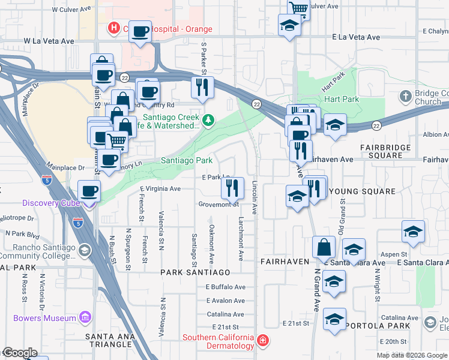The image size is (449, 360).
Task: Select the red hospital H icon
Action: coord(113,28)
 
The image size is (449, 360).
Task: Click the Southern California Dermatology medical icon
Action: coord(262,341)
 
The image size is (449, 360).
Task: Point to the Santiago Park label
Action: coord(187,161)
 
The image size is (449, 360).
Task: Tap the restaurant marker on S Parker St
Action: coord(202,88)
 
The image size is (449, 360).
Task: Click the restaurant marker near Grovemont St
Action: coord(232,188)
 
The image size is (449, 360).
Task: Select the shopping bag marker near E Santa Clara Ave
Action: coord(324,247)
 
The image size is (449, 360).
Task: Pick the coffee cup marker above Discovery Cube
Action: coord(89,191)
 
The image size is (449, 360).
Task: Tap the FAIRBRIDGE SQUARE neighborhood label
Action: coord(385,151)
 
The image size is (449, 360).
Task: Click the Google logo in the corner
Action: coord(20,353)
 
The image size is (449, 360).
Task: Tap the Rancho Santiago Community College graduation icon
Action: coord(85,250)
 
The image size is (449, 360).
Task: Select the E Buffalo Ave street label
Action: coord(226,287)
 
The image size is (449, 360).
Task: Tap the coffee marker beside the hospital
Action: coord(140,32)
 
